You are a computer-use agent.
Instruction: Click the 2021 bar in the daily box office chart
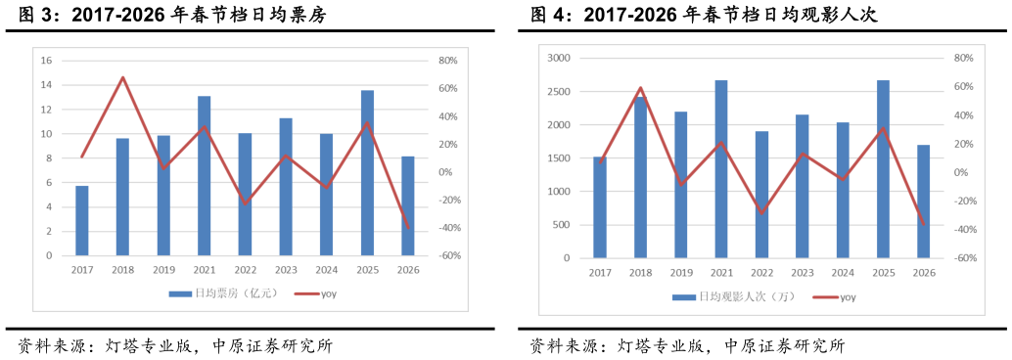click(x=205, y=176)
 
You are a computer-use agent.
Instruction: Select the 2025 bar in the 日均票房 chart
click(x=367, y=173)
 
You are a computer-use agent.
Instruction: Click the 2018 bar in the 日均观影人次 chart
click(x=640, y=177)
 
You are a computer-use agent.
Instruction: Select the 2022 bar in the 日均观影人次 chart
click(x=761, y=195)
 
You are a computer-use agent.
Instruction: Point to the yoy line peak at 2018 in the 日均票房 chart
click(x=123, y=77)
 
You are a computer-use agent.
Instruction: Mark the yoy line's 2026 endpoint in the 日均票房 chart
click(x=408, y=228)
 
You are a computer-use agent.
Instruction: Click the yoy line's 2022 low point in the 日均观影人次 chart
click(x=761, y=212)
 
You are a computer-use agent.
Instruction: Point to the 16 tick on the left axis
click(x=46, y=61)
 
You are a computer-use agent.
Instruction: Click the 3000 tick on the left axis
click(x=557, y=59)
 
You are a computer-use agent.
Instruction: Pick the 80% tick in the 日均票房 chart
click(x=447, y=61)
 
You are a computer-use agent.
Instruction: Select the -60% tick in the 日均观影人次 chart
click(x=962, y=258)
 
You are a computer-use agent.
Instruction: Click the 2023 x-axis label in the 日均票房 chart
click(x=286, y=270)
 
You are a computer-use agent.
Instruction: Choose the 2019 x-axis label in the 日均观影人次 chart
click(x=680, y=273)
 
